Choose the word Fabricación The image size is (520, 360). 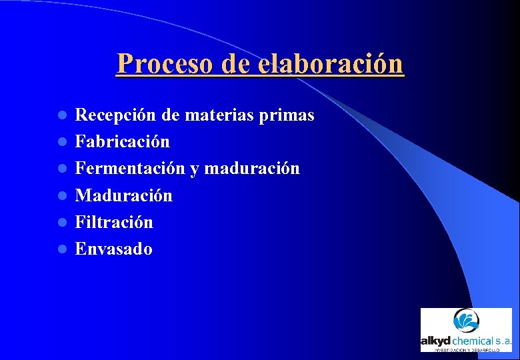123,142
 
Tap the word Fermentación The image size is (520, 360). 130,169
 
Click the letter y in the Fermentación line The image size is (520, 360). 194,170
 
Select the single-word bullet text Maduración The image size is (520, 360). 123,195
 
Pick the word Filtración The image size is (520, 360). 114,222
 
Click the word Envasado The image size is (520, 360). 113,249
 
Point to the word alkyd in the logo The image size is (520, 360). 436,341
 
